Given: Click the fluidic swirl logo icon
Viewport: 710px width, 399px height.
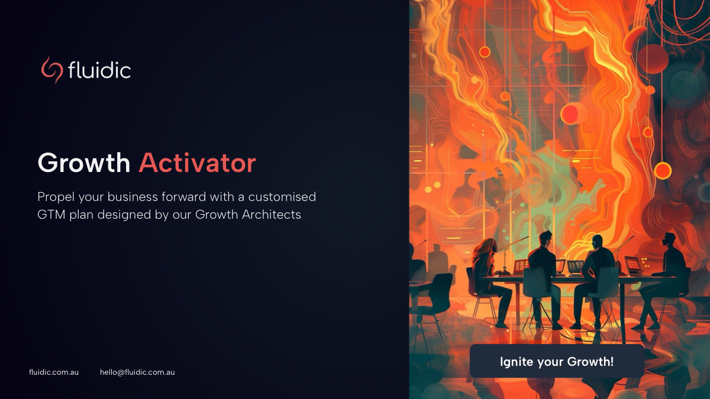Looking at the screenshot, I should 51,70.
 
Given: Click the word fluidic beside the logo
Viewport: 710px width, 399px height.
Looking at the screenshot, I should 99,70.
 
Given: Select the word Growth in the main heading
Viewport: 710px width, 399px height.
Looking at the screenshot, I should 84,163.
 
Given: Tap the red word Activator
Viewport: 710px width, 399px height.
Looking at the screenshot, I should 197,163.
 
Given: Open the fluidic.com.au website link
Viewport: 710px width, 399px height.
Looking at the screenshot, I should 54,372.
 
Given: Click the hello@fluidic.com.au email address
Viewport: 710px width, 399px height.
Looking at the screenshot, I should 137,372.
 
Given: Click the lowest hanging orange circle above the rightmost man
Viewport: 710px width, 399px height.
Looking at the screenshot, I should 663,170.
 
